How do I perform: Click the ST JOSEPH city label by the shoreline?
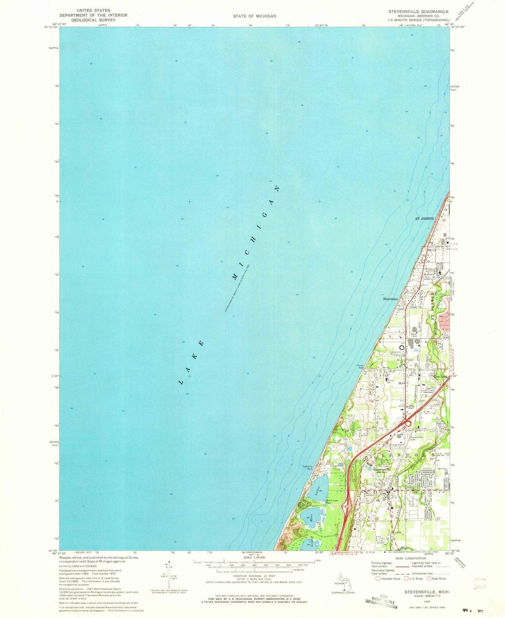(424, 219)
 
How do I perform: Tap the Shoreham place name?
(390, 299)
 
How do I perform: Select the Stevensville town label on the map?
(381, 469)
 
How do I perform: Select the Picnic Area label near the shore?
(361, 367)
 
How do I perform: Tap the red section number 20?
(328, 462)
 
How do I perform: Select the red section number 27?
(438, 519)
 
